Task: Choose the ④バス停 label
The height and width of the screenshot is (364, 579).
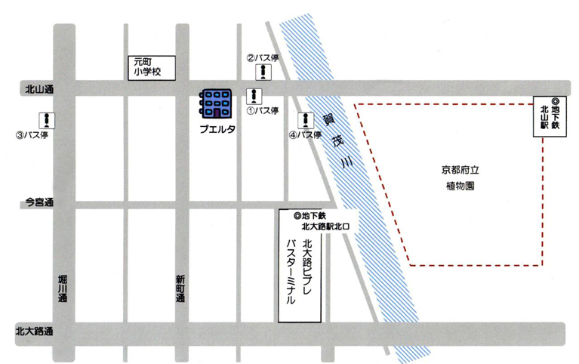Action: click(305, 136)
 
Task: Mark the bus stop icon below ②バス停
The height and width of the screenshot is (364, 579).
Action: click(262, 72)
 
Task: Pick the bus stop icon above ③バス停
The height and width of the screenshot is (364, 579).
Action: click(47, 119)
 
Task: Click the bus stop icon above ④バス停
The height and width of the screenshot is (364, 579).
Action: click(306, 120)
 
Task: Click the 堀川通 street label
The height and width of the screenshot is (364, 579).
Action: click(63, 288)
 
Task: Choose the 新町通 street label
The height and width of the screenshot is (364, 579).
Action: click(180, 288)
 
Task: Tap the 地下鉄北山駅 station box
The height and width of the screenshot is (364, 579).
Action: click(549, 118)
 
